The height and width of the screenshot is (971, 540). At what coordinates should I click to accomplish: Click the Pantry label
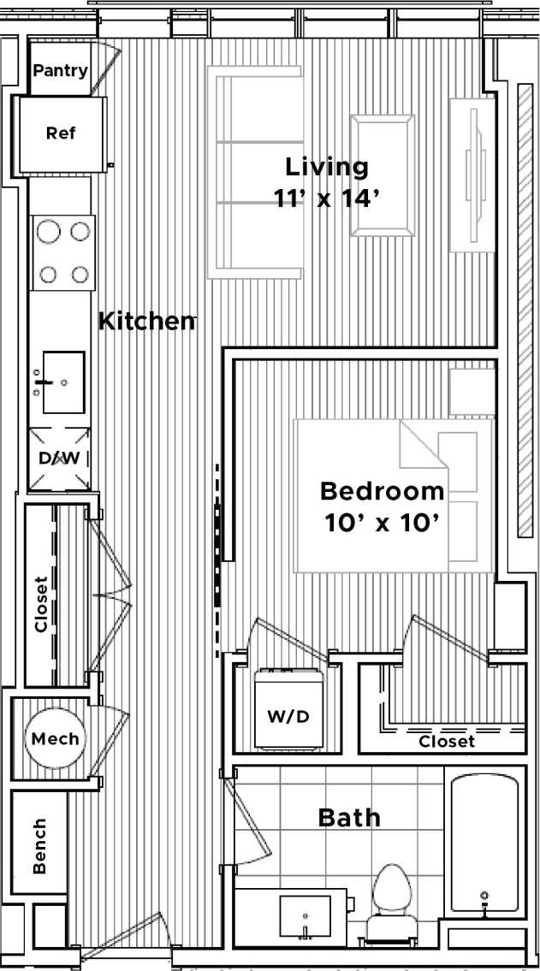tap(60, 70)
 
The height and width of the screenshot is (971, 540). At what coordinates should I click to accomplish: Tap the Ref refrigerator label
tap(60, 133)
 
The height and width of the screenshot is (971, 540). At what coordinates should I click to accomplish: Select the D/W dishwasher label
tap(59, 458)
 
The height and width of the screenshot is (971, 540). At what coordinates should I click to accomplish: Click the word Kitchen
tap(146, 322)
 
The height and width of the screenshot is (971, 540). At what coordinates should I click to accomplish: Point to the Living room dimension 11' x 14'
tap(326, 198)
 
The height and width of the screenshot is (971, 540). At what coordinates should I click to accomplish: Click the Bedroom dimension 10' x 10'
tap(383, 523)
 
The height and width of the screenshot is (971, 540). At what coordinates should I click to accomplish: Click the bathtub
tap(484, 844)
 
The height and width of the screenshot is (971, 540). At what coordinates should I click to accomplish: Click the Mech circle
tap(56, 738)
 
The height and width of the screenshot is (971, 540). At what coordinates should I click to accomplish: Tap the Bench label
tap(39, 847)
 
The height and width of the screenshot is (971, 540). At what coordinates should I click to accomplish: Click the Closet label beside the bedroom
tap(446, 742)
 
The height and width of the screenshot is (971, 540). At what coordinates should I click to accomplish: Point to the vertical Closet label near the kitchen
tap(40, 604)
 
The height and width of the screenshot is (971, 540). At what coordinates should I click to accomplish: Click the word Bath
tap(349, 817)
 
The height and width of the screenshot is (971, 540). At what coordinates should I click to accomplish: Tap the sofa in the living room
tap(254, 175)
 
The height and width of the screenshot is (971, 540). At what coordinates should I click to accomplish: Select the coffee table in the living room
tap(382, 175)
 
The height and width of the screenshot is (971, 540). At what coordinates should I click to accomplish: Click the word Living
tap(326, 166)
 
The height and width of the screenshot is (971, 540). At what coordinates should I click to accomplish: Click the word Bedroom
tap(383, 492)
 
